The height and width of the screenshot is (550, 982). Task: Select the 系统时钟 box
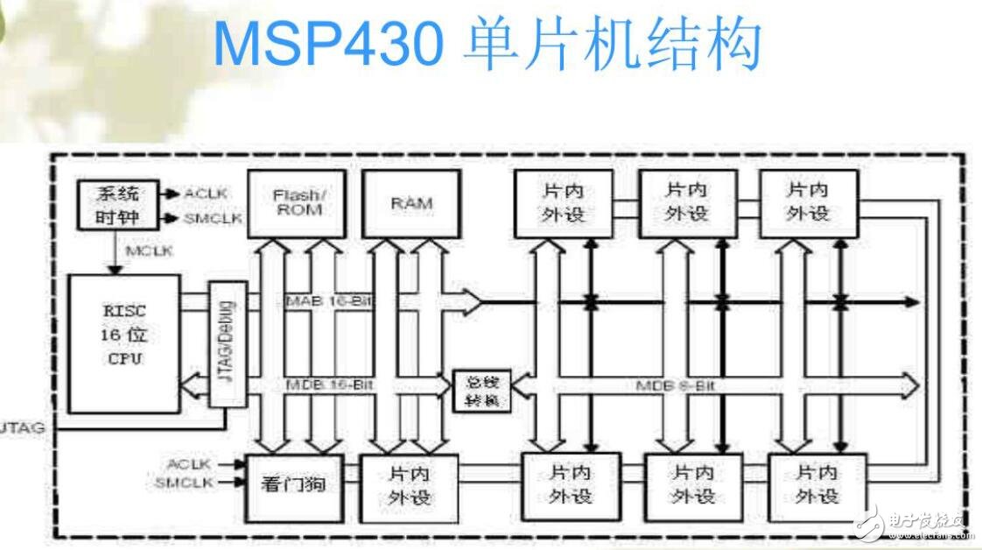(116, 204)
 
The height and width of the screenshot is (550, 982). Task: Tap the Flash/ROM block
(297, 203)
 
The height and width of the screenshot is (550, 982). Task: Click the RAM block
(411, 203)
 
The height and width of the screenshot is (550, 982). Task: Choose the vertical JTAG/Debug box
(227, 343)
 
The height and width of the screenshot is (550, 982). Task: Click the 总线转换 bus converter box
(480, 391)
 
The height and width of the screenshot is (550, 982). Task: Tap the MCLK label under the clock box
(149, 251)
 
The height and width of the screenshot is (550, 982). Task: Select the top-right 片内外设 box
(808, 202)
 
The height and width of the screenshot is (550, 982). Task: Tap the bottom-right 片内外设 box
(817, 484)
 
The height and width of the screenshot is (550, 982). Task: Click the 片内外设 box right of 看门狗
(409, 485)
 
